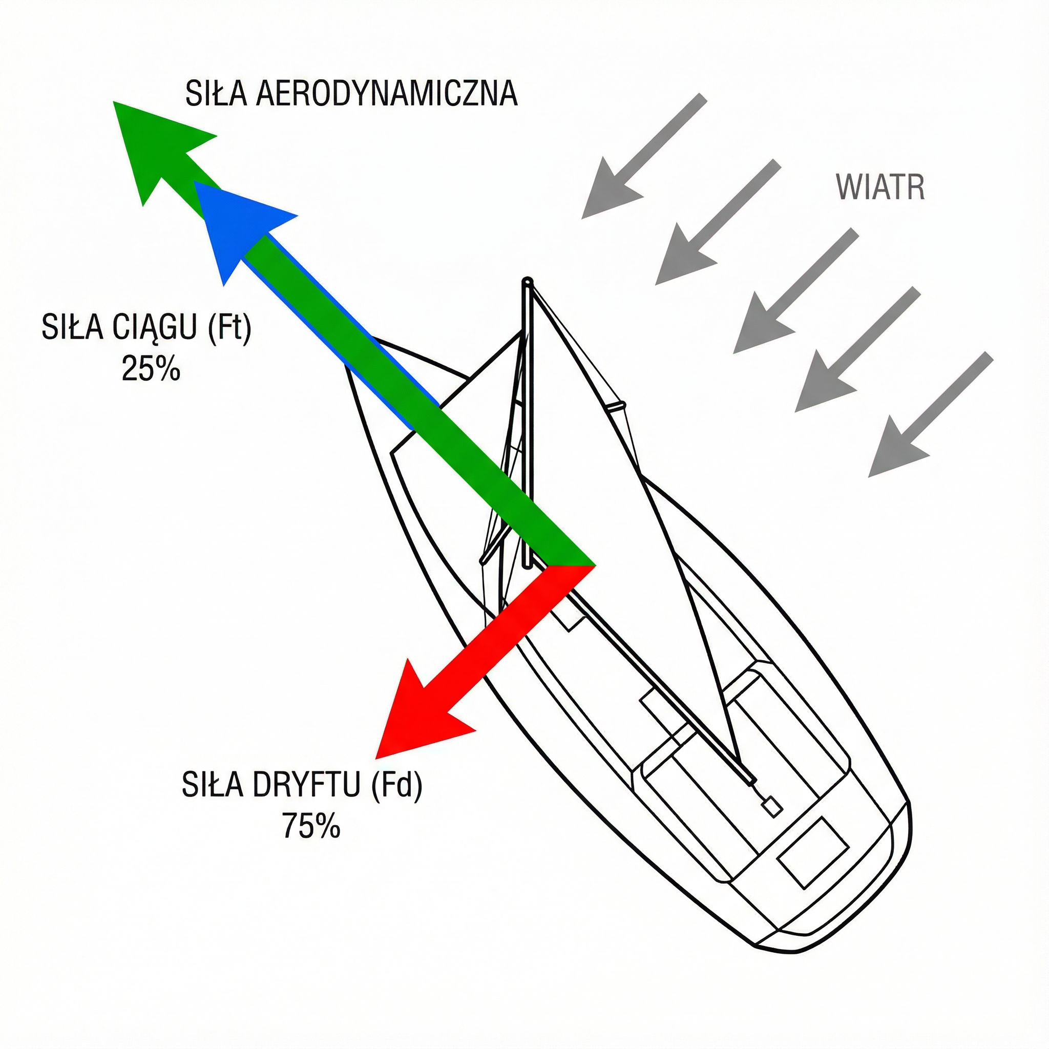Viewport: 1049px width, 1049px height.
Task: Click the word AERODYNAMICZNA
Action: click(386, 93)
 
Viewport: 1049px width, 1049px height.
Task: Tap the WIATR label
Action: click(880, 187)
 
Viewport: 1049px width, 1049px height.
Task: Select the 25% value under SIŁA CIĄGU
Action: click(151, 369)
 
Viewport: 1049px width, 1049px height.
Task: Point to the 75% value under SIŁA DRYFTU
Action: click(311, 826)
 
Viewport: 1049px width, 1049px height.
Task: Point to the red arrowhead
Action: click(413, 717)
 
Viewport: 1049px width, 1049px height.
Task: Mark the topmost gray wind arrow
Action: click(643, 157)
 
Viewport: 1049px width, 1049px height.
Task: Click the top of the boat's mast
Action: click(527, 282)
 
